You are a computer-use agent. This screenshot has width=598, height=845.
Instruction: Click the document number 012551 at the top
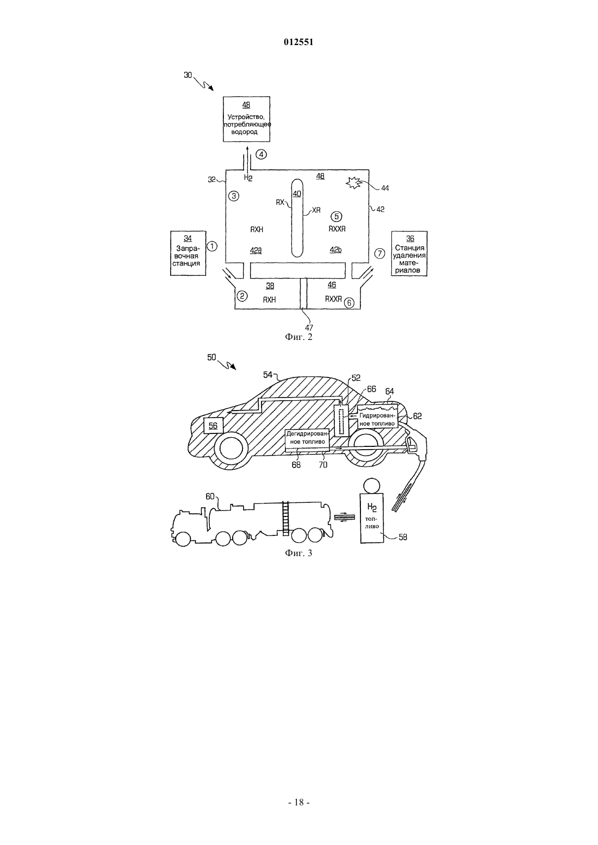pyautogui.click(x=298, y=42)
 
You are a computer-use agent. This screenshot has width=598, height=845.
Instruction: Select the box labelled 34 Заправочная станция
pyautogui.click(x=188, y=253)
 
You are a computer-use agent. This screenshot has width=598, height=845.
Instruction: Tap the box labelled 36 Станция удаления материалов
pyautogui.click(x=409, y=254)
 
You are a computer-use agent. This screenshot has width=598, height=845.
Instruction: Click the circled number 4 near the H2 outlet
pyautogui.click(x=261, y=154)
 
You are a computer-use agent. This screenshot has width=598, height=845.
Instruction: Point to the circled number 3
pyautogui.click(x=234, y=196)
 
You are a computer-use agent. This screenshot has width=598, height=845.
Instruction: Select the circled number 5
pyautogui.click(x=336, y=217)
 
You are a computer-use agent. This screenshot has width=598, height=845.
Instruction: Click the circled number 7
pyautogui.click(x=379, y=253)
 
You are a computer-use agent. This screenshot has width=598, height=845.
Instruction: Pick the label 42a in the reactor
pyautogui.click(x=256, y=250)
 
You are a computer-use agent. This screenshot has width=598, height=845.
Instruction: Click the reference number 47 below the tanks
pyautogui.click(x=309, y=328)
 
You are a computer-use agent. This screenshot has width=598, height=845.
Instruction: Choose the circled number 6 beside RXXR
pyautogui.click(x=350, y=302)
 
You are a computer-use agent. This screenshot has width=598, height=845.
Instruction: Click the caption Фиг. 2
pyautogui.click(x=298, y=337)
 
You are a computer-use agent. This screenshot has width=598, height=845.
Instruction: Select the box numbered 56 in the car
pyautogui.click(x=213, y=426)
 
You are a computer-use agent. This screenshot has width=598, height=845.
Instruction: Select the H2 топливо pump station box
pyautogui.click(x=372, y=518)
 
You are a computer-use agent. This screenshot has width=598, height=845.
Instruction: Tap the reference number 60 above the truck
pyautogui.click(x=210, y=496)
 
